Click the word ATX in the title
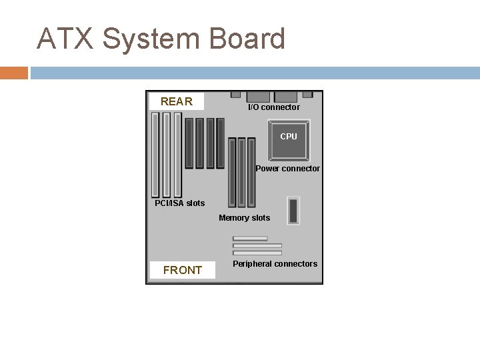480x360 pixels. (65, 39)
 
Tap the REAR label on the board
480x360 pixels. (177, 101)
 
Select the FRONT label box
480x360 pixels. (182, 270)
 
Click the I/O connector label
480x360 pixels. (273, 107)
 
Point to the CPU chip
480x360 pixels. (289, 136)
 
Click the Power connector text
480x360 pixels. (287, 169)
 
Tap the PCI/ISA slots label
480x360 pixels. (179, 203)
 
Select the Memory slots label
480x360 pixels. (244, 218)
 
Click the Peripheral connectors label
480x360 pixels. (275, 264)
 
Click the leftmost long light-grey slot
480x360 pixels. (155, 154)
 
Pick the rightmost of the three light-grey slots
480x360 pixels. (178, 154)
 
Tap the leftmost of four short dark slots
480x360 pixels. (189, 143)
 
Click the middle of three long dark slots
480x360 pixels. (241, 172)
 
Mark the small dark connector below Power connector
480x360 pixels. (292, 210)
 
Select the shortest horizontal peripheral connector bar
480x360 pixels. (250, 239)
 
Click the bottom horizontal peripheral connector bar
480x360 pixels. (257, 253)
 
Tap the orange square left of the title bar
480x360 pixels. (13, 72)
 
